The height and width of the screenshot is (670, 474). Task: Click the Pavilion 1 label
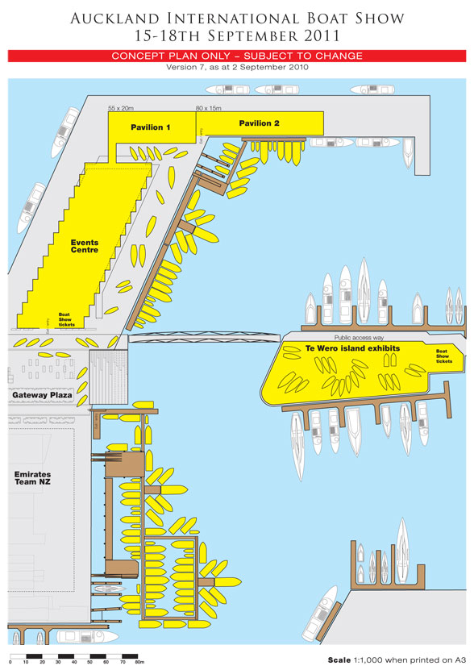click(151, 127)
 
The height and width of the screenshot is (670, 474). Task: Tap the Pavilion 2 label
click(259, 123)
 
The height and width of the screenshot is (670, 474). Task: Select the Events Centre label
click(84, 246)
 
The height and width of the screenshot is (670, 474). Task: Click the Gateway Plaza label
click(41, 396)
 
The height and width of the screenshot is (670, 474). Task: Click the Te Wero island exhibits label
click(353, 348)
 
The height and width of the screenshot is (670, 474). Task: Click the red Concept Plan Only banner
click(236, 56)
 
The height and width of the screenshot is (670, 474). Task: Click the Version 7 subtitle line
click(236, 67)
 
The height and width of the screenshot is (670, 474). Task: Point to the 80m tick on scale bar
click(139, 660)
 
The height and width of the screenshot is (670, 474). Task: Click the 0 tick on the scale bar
click(10, 660)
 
